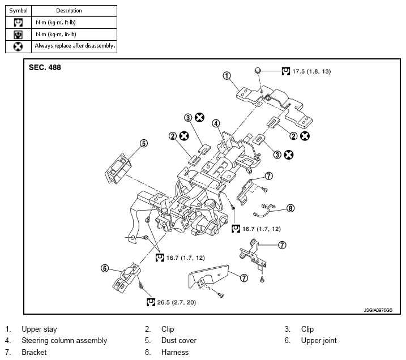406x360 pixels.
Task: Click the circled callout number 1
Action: coord(226,75)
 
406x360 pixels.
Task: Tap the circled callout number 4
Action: coord(216,123)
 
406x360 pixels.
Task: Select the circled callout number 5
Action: coord(144,143)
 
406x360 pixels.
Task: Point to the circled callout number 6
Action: coord(105,268)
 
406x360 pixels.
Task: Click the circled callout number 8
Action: coord(290,208)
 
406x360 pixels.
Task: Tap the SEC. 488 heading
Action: coord(45,67)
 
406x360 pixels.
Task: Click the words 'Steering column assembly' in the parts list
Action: coord(64,340)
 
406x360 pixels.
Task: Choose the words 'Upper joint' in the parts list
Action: coord(319,340)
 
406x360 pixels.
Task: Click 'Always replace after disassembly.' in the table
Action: coord(75,45)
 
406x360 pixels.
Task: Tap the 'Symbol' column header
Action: coord(18,10)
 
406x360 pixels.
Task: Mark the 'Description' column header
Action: coord(69,10)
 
